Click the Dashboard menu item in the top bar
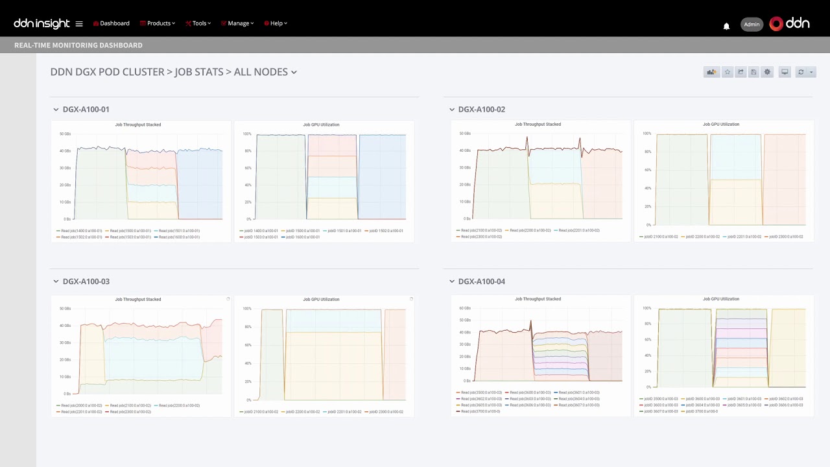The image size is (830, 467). [112, 23]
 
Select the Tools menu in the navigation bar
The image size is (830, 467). [198, 23]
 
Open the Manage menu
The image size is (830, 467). [237, 23]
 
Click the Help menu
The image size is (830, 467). [276, 23]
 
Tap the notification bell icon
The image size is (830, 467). [726, 26]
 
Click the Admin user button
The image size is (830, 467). [752, 25]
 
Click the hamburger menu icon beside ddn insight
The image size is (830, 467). [79, 24]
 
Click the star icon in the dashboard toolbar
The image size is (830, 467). [728, 72]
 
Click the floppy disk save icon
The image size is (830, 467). [753, 72]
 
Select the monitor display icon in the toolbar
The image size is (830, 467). [785, 72]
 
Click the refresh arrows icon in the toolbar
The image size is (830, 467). [801, 72]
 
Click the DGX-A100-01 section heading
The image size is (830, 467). [86, 110]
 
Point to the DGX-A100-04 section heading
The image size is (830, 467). [481, 281]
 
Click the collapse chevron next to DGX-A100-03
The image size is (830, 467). [56, 281]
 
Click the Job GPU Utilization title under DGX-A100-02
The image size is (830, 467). [721, 125]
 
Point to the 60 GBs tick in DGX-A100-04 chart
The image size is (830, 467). [465, 308]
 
